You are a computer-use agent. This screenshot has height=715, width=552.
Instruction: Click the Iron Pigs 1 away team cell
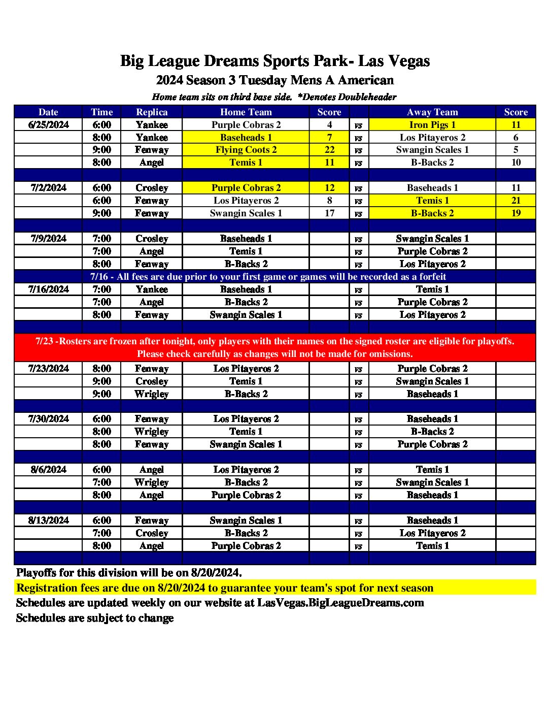click(x=432, y=125)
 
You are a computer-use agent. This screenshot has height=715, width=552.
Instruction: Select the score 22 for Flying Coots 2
click(x=329, y=150)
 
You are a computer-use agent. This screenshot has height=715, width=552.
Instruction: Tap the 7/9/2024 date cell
click(x=48, y=239)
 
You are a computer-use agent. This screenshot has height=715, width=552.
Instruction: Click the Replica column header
click(x=152, y=112)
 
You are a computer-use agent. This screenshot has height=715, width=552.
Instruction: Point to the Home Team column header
click(x=246, y=112)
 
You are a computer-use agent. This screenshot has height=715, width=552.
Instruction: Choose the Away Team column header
click(x=432, y=112)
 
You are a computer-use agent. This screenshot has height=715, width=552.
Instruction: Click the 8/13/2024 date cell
click(x=48, y=521)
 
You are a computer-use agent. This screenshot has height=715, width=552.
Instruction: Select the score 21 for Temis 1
click(x=515, y=201)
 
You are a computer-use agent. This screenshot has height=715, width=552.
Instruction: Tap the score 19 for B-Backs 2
click(x=515, y=213)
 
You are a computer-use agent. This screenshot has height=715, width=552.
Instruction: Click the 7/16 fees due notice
click(x=268, y=277)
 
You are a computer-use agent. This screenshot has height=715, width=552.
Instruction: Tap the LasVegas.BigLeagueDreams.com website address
click(x=340, y=603)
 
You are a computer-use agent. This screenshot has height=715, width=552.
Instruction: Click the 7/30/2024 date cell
click(x=48, y=419)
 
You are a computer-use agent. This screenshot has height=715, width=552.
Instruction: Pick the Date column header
click(x=48, y=112)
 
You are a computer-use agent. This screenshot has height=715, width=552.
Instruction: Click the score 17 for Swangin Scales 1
click(x=329, y=213)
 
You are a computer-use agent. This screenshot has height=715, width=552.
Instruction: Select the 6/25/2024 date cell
click(x=48, y=125)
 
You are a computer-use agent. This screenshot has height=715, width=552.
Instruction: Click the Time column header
click(x=101, y=112)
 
